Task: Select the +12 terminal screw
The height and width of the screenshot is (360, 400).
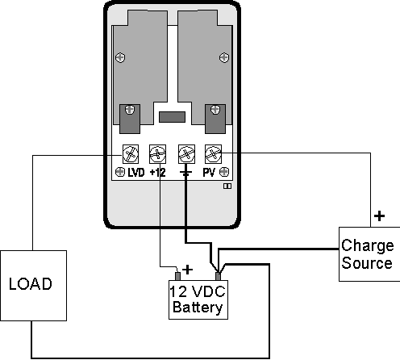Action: (158, 153)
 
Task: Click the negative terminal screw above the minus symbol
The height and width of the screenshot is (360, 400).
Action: (185, 153)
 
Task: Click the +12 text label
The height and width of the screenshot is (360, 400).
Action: (158, 173)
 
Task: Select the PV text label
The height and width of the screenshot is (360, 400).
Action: (208, 173)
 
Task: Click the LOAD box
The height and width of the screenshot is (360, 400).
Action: (31, 284)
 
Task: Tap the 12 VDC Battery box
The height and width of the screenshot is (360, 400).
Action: (197, 299)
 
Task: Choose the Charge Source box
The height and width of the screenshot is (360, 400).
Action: (367, 255)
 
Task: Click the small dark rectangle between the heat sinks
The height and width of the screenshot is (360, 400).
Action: (171, 117)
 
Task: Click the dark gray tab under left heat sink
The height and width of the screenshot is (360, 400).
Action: (129, 118)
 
